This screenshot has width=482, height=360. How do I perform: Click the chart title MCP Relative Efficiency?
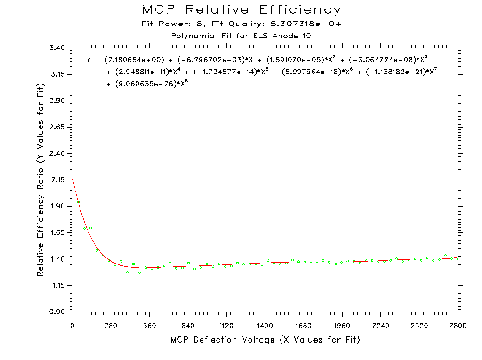[241, 9]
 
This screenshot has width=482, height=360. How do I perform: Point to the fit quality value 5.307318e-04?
[305, 24]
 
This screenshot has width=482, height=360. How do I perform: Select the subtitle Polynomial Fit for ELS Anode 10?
[241, 36]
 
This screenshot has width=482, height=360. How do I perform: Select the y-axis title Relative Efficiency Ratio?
[41, 180]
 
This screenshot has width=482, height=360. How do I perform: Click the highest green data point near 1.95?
[78, 202]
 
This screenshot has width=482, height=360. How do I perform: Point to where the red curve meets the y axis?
[72, 178]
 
